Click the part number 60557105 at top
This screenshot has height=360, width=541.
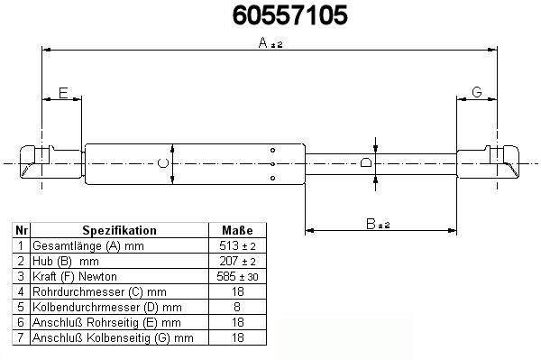pos(289,15)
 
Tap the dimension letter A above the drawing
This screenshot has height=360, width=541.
pos(263,42)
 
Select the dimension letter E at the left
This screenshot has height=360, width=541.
pos(63,93)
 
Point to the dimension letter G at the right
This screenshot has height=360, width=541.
pos(477,92)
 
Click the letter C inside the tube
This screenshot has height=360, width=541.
pos(163,163)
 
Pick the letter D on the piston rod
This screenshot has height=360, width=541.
pos(366,162)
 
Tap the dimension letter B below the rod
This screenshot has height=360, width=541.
pos(371,224)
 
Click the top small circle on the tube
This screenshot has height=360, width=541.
pos(272,150)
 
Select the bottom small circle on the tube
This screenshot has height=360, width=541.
pos(272,178)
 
